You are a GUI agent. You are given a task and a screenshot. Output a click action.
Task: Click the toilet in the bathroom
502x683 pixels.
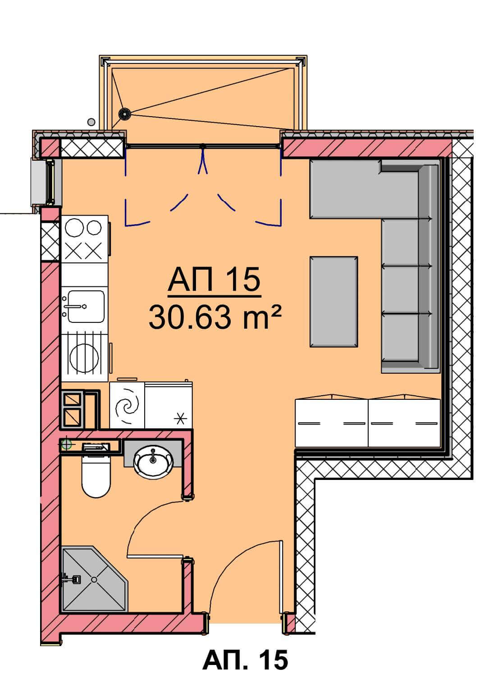96,476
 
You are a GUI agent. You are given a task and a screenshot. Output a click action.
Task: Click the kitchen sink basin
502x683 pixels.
86,306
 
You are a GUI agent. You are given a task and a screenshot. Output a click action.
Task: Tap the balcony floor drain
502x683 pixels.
124,114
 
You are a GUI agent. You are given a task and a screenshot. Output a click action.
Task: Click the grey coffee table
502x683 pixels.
334,302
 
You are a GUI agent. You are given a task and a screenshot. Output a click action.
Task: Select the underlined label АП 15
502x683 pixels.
214,280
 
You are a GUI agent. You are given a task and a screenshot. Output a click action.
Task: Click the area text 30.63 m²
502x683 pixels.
214,317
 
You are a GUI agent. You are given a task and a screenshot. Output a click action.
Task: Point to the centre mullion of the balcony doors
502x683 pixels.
203,147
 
